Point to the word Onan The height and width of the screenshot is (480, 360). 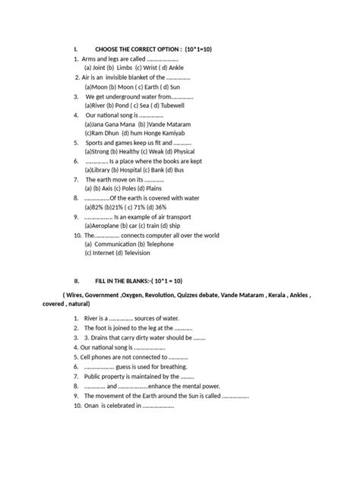click(x=94, y=406)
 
